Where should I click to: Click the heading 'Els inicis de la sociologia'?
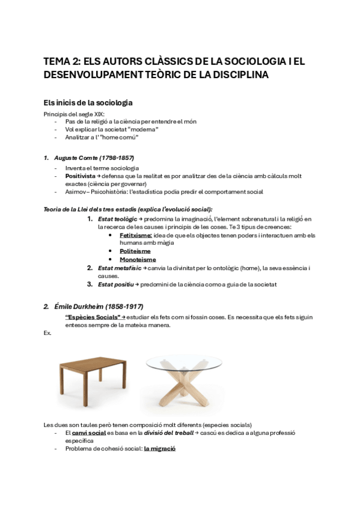88,102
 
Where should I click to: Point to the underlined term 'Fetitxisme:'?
136,235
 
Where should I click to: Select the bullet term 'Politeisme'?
135,251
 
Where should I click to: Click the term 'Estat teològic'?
118,220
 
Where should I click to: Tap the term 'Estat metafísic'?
119,268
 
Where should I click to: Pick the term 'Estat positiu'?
115,284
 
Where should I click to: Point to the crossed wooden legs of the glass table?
185,390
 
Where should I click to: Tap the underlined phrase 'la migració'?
159,448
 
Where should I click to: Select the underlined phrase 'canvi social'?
89,432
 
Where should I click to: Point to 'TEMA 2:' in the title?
61,61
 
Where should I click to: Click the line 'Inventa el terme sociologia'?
102,168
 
